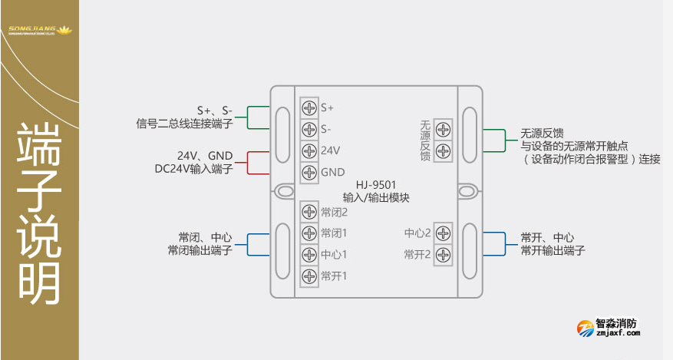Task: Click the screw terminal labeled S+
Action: (309, 107)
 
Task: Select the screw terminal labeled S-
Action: (309, 128)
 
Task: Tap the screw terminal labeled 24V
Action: (309, 150)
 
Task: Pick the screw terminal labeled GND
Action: (309, 171)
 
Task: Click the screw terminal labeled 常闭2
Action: (309, 212)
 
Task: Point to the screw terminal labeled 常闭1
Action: (309, 233)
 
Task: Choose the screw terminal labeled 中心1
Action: (309, 254)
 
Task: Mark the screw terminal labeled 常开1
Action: (309, 276)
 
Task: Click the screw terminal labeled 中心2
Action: (443, 233)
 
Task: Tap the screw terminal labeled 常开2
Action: (443, 254)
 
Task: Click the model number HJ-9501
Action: (376, 185)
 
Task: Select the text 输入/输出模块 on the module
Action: (376, 197)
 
